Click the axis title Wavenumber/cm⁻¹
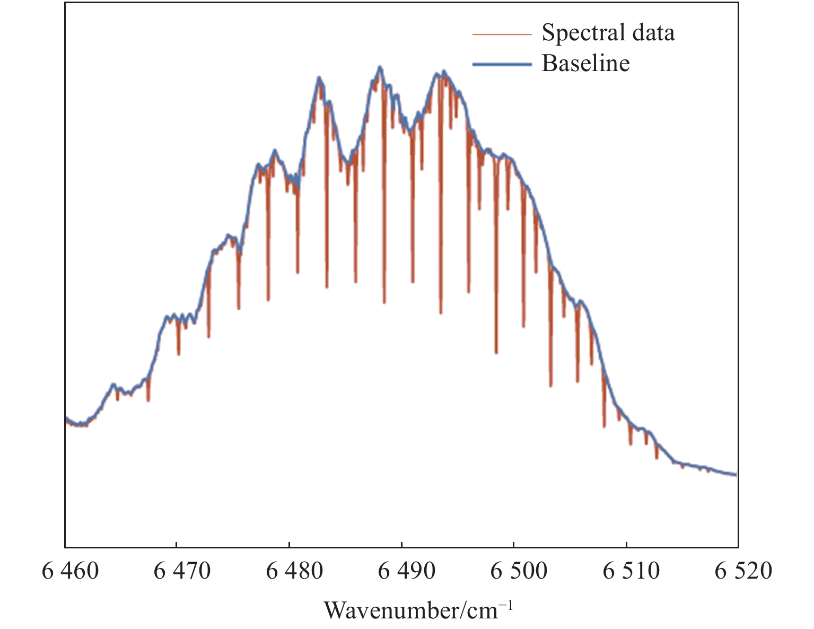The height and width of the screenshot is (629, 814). coord(418,610)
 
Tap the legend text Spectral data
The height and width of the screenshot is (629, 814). coord(608,33)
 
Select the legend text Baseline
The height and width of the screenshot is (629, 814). coord(585,64)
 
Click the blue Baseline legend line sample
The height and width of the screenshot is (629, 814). coord(501,64)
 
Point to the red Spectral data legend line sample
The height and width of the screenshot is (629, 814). coord(501,34)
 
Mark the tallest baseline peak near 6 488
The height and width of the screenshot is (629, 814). coord(380,67)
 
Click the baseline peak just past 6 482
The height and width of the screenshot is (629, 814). coord(319,78)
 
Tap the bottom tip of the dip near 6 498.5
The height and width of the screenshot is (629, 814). coord(496,353)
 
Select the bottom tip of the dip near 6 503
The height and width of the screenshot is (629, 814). coord(551,386)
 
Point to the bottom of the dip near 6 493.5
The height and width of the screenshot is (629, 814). coord(441,313)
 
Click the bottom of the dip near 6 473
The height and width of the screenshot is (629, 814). coord(209,337)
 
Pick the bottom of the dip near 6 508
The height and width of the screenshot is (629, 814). coord(604,427)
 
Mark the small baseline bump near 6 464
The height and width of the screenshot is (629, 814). coord(113,384)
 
